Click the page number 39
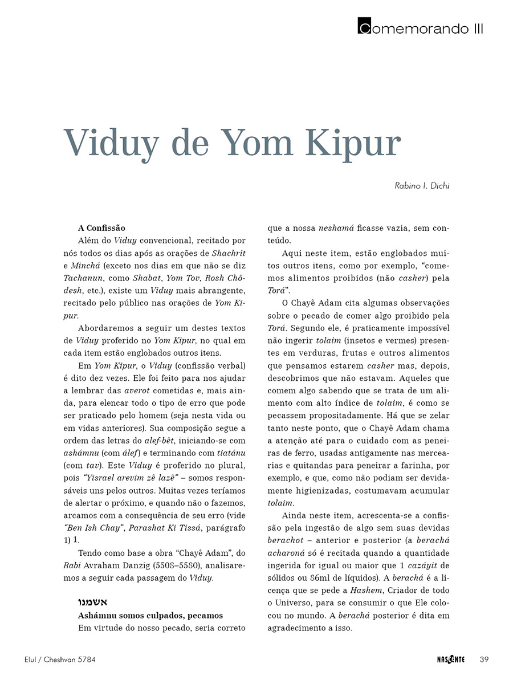484,659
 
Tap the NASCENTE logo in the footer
447,659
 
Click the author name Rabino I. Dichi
422,186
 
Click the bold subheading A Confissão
101,228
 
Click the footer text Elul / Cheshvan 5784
52,659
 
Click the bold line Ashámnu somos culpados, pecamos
150,616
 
